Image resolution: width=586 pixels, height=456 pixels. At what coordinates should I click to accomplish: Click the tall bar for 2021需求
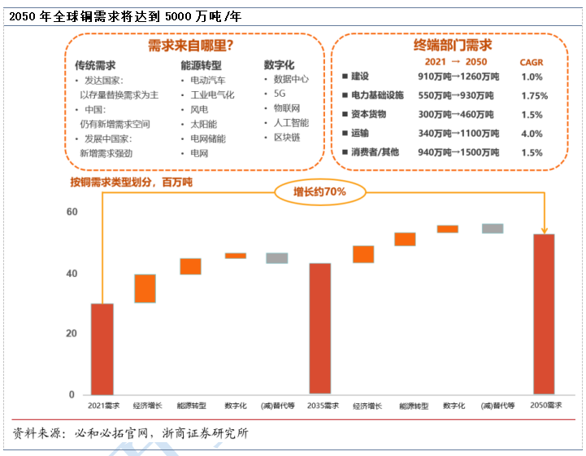coord(102,349)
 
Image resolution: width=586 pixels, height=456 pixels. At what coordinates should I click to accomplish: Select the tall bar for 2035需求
coord(320,329)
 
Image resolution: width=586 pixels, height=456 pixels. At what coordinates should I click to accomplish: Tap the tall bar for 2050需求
coord(544,314)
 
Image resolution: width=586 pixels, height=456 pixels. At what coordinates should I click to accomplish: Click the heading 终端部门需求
coord(453,46)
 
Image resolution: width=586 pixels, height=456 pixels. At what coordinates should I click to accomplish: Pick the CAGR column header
coord(532,62)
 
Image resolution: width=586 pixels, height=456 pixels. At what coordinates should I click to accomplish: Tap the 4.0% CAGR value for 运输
coord(532,134)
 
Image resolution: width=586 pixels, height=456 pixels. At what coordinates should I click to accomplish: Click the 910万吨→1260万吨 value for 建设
coord(458,77)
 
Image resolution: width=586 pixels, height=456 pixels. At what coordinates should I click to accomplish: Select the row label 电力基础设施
coord(377,95)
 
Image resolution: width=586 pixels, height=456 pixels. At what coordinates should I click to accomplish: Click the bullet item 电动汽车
coord(208,80)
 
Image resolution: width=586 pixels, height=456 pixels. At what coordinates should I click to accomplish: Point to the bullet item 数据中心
coord(291,79)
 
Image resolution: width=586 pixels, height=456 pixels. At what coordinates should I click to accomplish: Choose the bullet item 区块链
coord(287,138)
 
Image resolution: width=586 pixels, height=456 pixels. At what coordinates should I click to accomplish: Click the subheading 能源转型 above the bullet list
coord(201,65)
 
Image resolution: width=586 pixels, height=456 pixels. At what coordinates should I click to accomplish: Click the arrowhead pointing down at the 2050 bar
coord(544,230)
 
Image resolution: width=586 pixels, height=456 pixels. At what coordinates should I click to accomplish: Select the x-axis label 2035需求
coord(323,406)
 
